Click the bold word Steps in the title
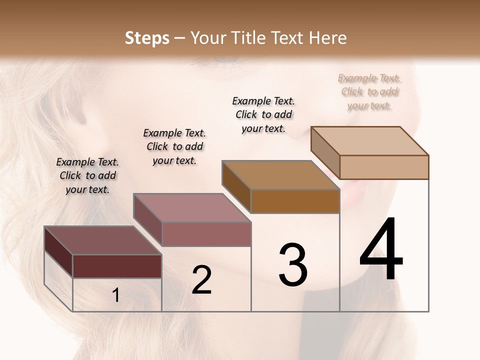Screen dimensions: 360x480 [147, 38]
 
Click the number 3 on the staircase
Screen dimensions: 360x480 [293, 265]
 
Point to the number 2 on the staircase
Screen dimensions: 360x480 [201, 280]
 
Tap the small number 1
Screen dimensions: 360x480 [115, 295]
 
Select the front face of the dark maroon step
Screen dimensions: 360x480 [117, 266]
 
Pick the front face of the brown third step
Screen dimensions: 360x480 [295, 201]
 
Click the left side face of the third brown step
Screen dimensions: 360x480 [236, 185]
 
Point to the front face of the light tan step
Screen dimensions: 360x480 [384, 167]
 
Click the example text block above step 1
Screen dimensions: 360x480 [87, 175]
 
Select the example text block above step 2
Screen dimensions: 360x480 [174, 146]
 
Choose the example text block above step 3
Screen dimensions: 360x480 [263, 114]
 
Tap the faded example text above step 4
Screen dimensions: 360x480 [369, 91]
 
